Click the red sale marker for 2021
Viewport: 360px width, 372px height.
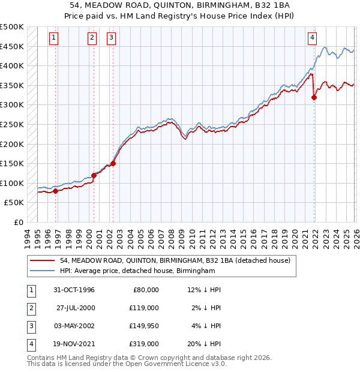pyautogui.click(x=314, y=97)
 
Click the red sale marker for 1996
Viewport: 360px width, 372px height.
pyautogui.click(x=55, y=191)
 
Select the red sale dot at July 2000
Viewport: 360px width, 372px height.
pyautogui.click(x=94, y=176)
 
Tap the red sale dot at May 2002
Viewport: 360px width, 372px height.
pyautogui.click(x=112, y=163)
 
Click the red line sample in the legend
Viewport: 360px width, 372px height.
pyautogui.click(x=42, y=260)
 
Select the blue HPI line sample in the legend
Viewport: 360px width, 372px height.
pyautogui.click(x=42, y=271)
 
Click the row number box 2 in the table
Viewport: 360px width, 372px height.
pyautogui.click(x=31, y=308)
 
